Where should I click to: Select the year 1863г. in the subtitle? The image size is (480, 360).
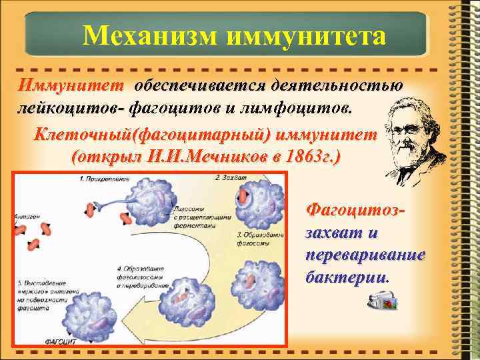point(313,159)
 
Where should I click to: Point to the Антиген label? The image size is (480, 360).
point(27,215)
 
